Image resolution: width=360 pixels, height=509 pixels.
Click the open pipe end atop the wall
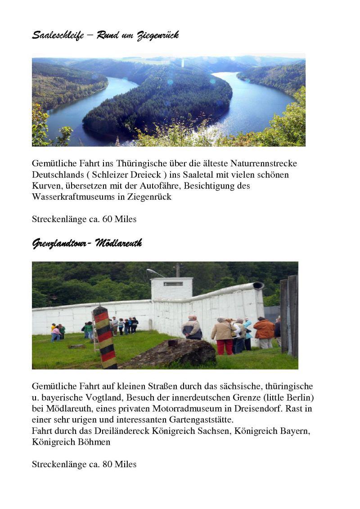click(x=258, y=286)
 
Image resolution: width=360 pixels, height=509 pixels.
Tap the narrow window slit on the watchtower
click(x=173, y=284)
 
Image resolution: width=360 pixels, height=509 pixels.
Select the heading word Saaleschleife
click(x=58, y=35)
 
